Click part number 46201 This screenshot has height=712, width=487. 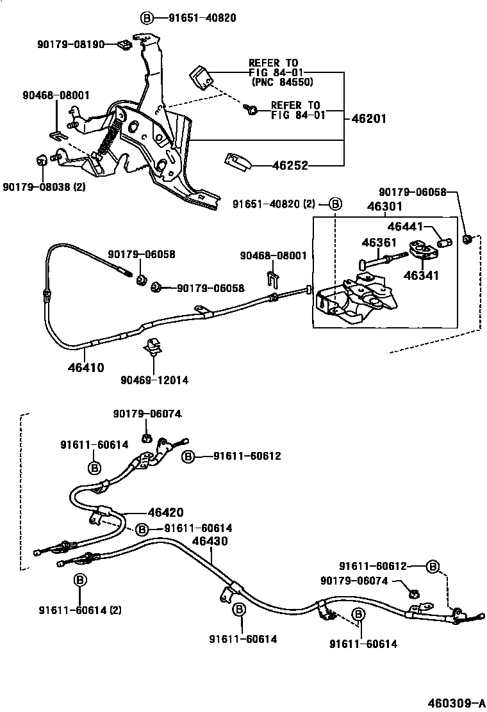[368, 119]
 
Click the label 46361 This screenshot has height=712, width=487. [379, 243]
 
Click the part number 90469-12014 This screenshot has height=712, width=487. [154, 380]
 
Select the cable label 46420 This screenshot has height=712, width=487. [165, 512]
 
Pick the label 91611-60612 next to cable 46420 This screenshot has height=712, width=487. [247, 456]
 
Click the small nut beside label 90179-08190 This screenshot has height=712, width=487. [124, 45]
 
